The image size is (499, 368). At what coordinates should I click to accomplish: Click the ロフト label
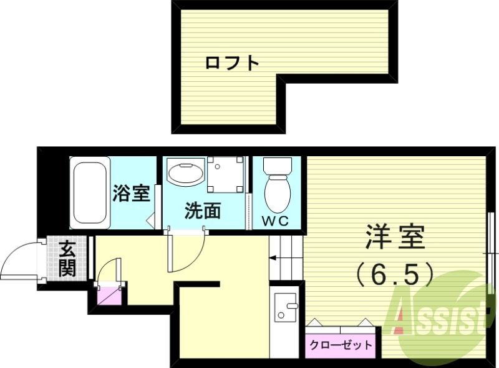pos(232,62)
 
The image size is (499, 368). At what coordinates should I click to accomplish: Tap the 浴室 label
pos(132,193)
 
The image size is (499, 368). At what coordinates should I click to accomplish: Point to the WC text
pos(275,221)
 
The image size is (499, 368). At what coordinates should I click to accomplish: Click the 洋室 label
pos(395,238)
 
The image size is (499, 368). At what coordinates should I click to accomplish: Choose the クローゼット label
pos(341,344)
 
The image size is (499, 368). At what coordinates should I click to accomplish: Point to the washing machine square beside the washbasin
pos(225,174)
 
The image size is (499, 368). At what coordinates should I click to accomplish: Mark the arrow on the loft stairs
pos(274,257)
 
